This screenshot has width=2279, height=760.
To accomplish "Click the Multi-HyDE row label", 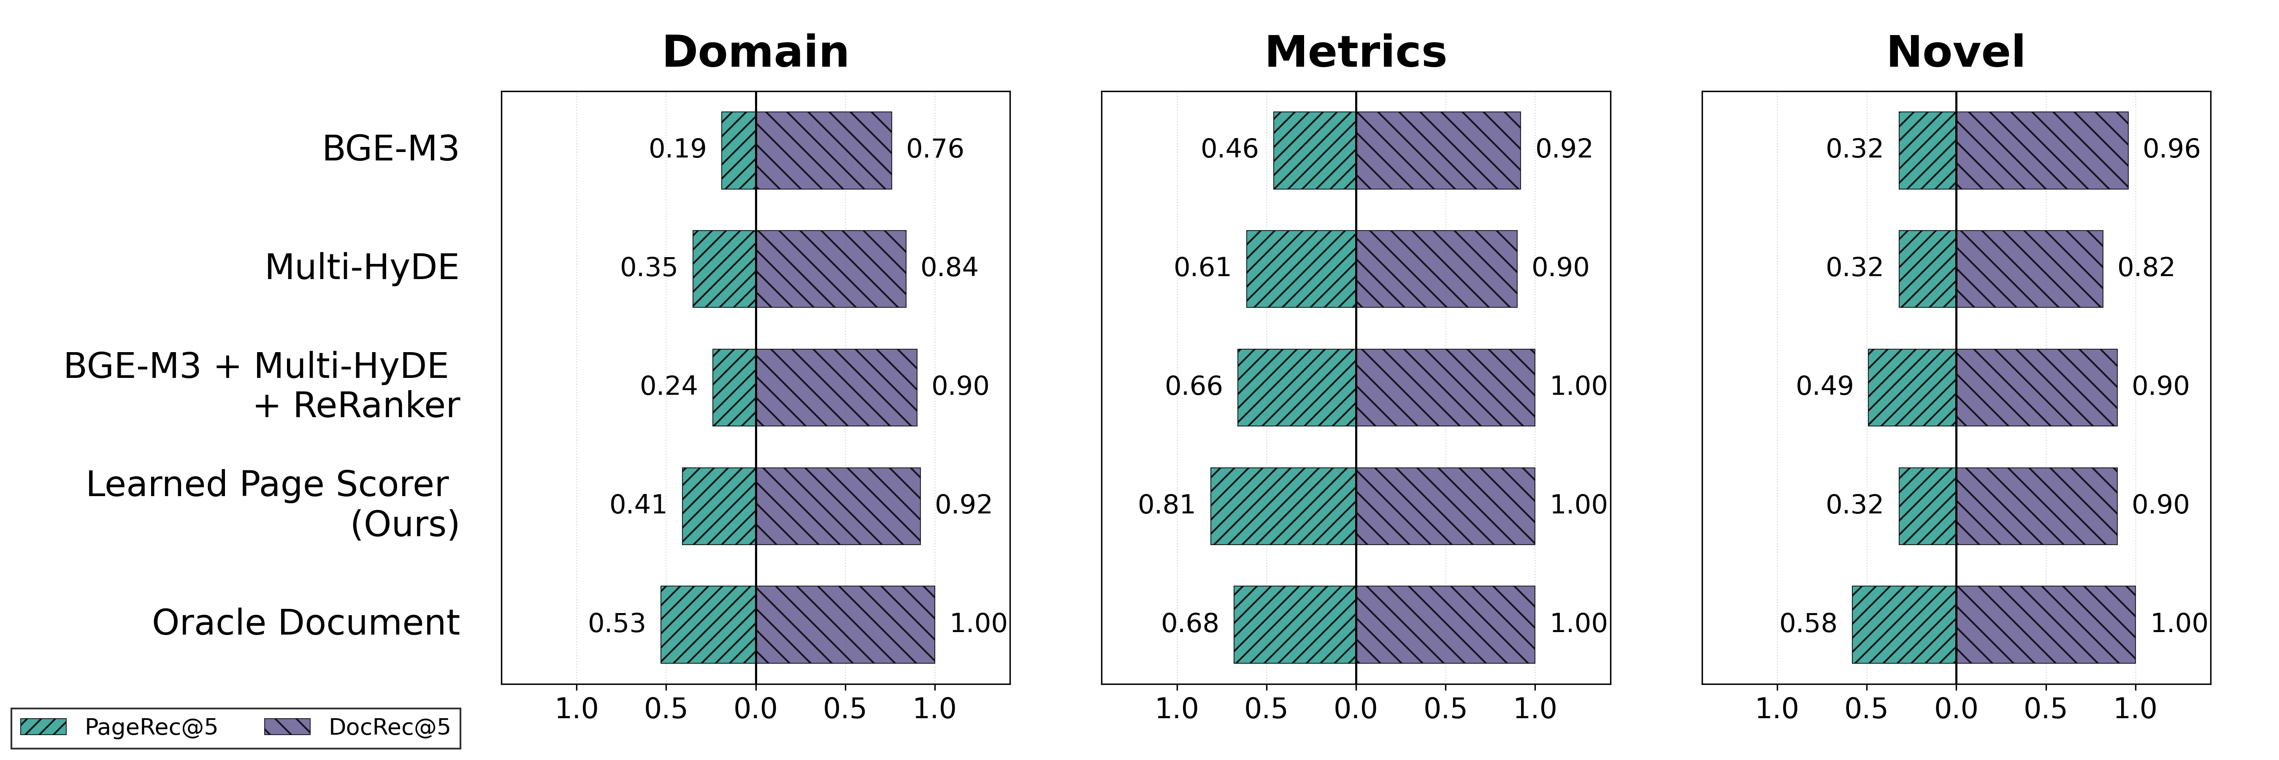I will click(x=362, y=267).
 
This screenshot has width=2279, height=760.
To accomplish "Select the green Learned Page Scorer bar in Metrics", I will click(x=1283, y=506).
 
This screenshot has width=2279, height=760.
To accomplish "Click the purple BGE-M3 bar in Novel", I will click(x=2042, y=150).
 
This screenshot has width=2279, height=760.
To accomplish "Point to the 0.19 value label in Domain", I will click(x=678, y=149).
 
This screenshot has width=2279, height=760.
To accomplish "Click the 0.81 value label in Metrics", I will click(x=1166, y=504).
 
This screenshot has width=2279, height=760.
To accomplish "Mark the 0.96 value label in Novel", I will click(x=2171, y=149).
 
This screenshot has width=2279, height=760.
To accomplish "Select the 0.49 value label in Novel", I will click(x=1824, y=386).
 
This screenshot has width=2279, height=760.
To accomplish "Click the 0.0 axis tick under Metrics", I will click(x=1355, y=708).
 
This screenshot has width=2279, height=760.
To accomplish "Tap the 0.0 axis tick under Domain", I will click(x=755, y=708).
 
